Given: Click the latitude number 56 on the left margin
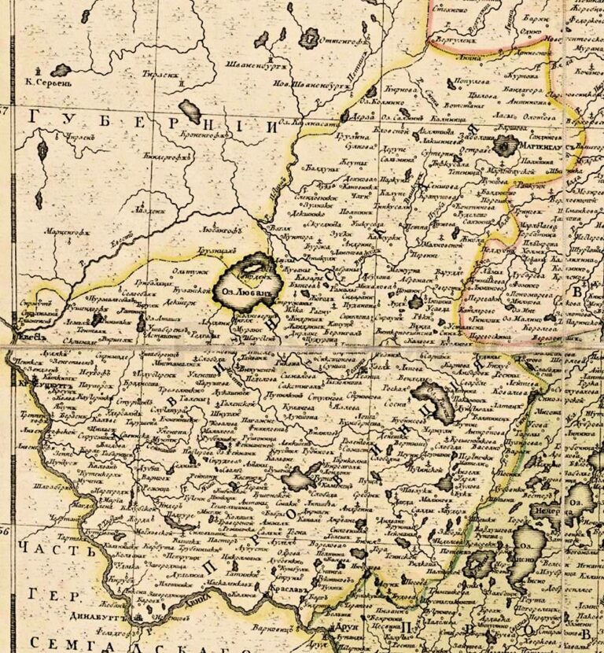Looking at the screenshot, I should pos(7,533).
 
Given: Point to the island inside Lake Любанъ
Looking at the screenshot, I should pos(252,277).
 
